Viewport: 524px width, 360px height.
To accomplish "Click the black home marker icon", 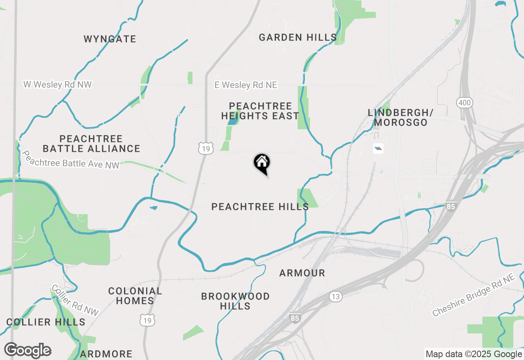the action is pos(262,163).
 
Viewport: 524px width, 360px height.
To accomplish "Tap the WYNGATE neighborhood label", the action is pos(110,39).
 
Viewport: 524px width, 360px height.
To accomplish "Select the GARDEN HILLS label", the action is pos(298,38).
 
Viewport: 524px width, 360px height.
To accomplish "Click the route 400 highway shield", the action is pos(465,102).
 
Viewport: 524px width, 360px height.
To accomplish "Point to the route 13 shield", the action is pos(336,297).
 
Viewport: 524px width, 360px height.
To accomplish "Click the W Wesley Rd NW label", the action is pos(57,85).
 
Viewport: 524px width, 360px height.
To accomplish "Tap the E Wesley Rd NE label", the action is pos(246,85).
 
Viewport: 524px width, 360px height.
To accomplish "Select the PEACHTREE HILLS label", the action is pos(260,207).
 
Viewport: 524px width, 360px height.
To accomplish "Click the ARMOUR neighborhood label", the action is pos(302,273).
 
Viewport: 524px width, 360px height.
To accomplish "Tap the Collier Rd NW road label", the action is pos(75,300).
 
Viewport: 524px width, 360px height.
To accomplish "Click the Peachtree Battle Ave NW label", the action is pos(70,160).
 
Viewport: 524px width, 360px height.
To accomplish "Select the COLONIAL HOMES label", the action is pos(135,296).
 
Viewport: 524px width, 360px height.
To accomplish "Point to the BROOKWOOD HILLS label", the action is pos(235,301).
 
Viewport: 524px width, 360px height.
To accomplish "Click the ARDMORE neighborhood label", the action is pos(106,354).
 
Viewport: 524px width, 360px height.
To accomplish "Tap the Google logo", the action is pos(27,351).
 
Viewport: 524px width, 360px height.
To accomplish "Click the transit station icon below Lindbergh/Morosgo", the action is pos(378,148).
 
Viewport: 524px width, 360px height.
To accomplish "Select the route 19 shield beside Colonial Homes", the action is pos(147,320).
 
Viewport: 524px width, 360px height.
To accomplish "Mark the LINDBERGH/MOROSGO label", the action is pos(400,117).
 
